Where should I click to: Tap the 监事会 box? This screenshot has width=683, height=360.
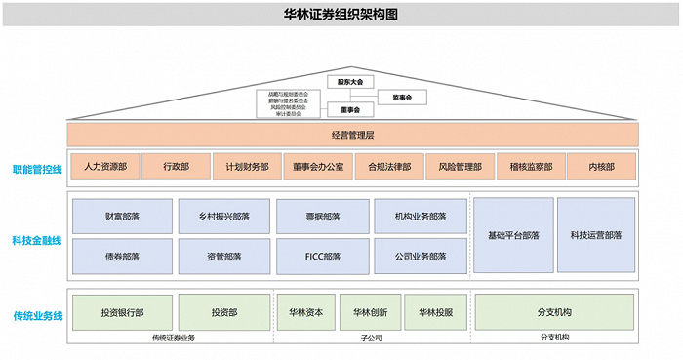click(402, 98)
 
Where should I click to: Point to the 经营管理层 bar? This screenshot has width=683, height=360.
click(352, 135)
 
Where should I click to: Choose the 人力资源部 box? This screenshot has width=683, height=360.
click(105, 167)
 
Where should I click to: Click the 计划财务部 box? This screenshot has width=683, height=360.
click(247, 167)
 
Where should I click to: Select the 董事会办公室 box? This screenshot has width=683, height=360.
click(318, 167)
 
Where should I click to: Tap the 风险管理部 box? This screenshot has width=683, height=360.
click(460, 167)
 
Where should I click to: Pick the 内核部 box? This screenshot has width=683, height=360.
click(602, 167)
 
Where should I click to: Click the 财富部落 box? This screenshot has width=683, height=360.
click(121, 216)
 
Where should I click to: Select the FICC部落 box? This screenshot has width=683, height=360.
click(322, 256)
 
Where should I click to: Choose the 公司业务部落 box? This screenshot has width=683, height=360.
click(421, 256)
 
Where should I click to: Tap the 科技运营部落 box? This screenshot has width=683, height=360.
click(596, 235)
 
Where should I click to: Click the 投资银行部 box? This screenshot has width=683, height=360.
click(121, 313)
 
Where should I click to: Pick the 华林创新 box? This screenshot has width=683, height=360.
click(370, 313)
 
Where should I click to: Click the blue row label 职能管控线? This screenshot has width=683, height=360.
click(37, 168)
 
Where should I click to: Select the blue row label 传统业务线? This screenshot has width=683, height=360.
click(37, 315)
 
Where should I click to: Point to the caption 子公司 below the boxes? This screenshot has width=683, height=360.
click(370, 339)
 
